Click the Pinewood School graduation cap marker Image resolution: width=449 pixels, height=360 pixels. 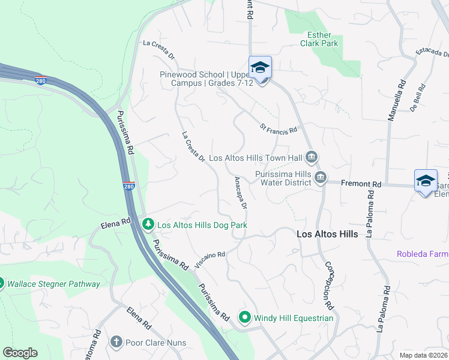click(260, 68)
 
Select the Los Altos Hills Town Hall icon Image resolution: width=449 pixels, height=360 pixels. click(311, 158)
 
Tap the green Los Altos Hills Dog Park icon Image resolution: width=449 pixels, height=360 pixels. click(148, 224)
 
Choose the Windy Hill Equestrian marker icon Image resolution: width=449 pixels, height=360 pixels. click(245, 317)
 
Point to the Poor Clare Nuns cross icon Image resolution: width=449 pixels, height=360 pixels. click(116, 343)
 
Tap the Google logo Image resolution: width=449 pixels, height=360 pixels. click(20, 353)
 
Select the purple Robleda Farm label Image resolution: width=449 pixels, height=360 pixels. click(422, 254)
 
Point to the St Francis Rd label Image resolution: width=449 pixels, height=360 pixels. click(279, 128)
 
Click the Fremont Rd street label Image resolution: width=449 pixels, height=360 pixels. click(361, 184)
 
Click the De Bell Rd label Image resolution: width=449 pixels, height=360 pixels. click(418, 101)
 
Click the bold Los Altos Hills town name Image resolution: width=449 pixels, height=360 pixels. click(328, 234)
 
